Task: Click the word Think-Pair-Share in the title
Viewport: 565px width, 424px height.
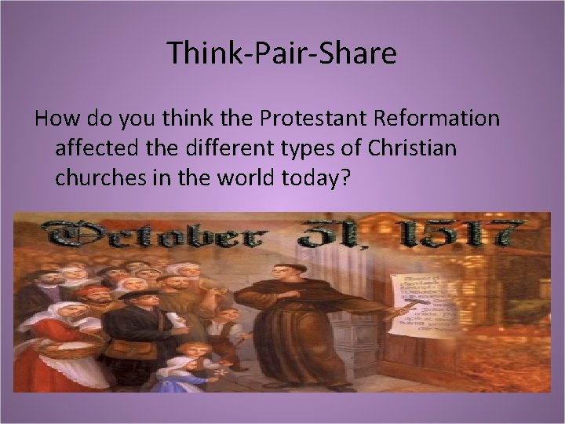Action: (x=282, y=53)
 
